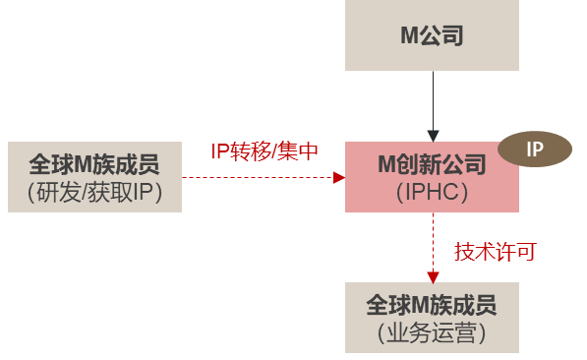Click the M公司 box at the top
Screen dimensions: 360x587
(432, 36)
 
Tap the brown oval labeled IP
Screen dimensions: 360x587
(534, 150)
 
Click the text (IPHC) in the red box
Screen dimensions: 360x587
(432, 193)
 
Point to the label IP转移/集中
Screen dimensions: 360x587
(264, 151)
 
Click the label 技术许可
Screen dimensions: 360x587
(495, 252)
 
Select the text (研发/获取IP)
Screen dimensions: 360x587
(93, 191)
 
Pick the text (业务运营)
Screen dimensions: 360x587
(432, 333)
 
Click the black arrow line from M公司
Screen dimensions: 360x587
(433, 98)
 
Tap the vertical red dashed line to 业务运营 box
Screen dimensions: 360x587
(433, 241)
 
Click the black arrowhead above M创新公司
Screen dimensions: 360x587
(433, 135)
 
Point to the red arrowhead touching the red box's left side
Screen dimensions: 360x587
(339, 178)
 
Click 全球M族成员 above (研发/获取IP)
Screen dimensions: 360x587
(93, 162)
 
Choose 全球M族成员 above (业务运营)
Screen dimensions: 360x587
(432, 304)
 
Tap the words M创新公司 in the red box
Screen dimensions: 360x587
(432, 164)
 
